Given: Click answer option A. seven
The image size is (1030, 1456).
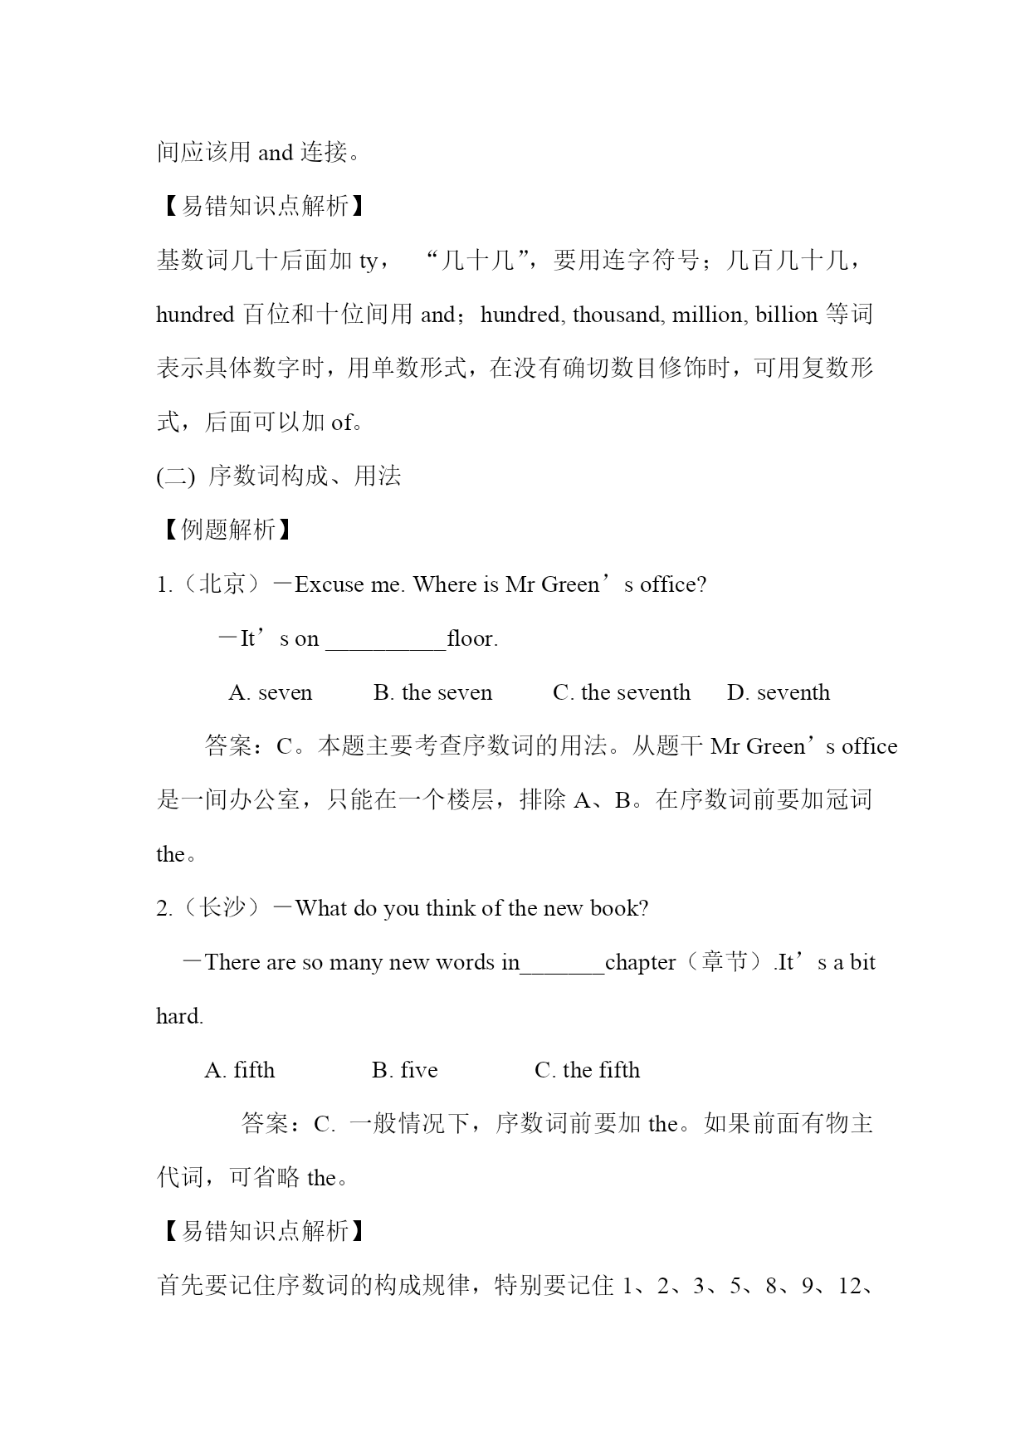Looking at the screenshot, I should (x=271, y=693).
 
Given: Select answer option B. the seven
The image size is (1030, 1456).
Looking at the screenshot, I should (x=432, y=693).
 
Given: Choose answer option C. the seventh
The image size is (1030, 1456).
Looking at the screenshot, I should (x=621, y=693).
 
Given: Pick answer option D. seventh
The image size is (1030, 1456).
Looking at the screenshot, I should (x=778, y=693).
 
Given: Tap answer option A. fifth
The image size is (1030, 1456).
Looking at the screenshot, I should (x=239, y=1071).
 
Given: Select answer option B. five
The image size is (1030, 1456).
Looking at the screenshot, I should (x=404, y=1071).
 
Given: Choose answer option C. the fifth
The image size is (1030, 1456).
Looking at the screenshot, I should (x=587, y=1071).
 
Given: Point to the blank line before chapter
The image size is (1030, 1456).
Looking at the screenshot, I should (x=562, y=966).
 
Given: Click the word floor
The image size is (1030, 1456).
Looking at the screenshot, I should (x=471, y=639).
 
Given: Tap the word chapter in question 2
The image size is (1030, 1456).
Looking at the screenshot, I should (x=640, y=963).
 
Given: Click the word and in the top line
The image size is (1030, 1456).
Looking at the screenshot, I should (x=276, y=154).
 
